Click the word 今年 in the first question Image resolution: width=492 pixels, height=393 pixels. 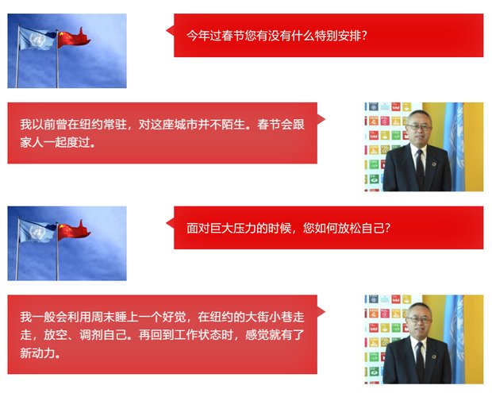click(198, 36)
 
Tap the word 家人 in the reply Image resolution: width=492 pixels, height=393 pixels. click(32, 142)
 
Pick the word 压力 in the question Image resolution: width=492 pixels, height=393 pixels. click(244, 228)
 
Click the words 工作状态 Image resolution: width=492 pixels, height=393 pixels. click(198, 335)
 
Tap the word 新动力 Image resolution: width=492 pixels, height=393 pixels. click(37, 353)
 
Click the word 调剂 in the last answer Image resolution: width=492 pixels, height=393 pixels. click(91, 335)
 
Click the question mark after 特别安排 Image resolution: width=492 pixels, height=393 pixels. click(363, 36)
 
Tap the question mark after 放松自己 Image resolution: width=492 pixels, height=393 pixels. click(387, 228)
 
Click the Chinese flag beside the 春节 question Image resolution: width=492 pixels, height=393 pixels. click(74, 39)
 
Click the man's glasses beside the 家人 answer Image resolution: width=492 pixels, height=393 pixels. click(419, 128)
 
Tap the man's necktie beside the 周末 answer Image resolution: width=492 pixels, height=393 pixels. click(419, 361)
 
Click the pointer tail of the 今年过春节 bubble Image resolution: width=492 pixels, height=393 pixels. click(170, 31)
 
